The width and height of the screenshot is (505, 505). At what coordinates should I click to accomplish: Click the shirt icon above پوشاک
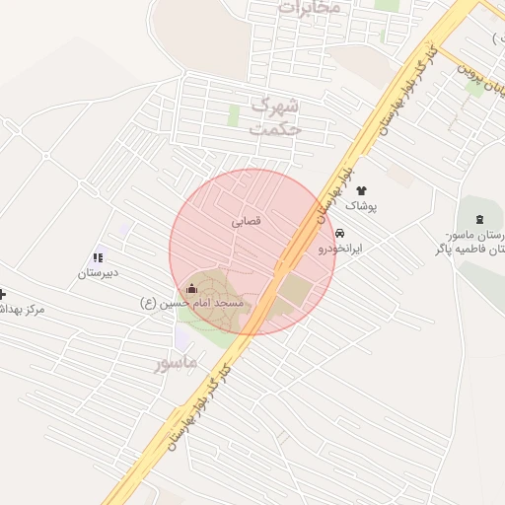tap(360, 189)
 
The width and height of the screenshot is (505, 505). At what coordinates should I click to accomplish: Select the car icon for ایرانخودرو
tap(340, 234)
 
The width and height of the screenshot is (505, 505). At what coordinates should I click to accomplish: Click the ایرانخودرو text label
tap(339, 250)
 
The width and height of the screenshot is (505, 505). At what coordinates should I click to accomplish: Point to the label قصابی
tap(247, 222)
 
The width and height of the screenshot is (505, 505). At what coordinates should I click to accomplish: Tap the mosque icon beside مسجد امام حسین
tap(191, 288)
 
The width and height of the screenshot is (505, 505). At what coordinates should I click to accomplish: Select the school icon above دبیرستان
tap(98, 257)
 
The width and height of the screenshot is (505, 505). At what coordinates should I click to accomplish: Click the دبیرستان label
tap(98, 272)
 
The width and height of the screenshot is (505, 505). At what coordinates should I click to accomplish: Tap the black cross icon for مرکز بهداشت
tap(2, 294)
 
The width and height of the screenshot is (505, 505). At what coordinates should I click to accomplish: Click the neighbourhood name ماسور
tap(176, 363)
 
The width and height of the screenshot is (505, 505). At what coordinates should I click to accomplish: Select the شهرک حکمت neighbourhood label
tap(275, 114)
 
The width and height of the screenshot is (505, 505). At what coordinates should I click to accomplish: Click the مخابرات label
tap(309, 7)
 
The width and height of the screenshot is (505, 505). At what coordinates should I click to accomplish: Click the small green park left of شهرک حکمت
tap(234, 115)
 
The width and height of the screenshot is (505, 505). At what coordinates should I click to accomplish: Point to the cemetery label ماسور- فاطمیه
tap(469, 243)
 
